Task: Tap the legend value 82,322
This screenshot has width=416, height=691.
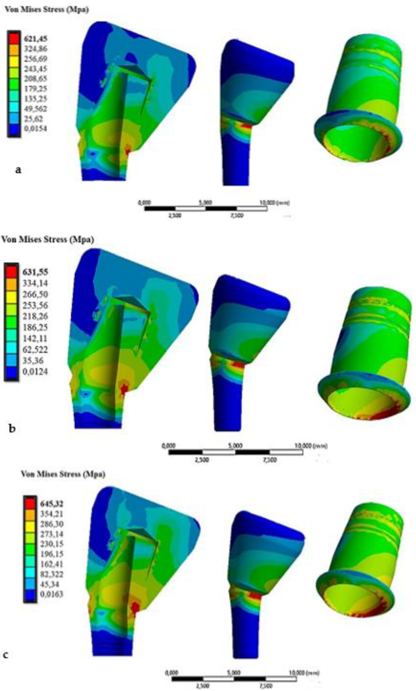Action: pyautogui.click(x=52, y=574)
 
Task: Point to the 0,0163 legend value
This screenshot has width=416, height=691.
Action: pyautogui.click(x=52, y=594)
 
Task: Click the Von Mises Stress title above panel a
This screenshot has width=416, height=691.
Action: pyautogui.click(x=47, y=10)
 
